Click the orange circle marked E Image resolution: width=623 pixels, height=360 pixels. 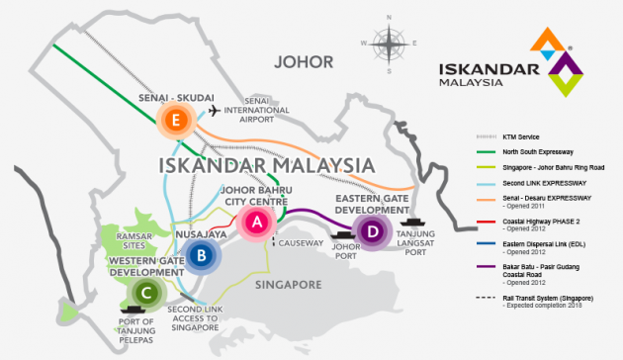coord(175,122)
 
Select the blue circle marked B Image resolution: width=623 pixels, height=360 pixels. coord(201,256)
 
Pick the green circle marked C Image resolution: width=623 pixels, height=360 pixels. coord(146,292)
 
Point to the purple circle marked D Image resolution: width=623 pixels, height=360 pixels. coord(372,233)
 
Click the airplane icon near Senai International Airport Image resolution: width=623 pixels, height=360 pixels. coord(211,112)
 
